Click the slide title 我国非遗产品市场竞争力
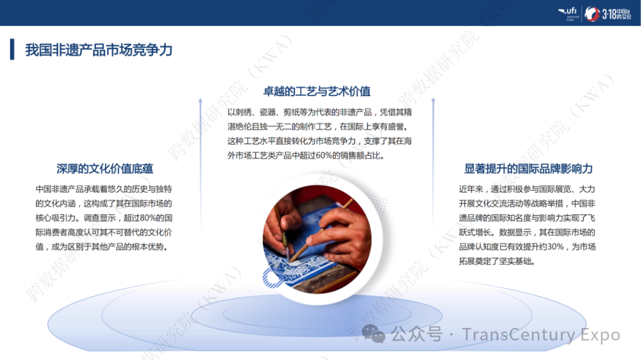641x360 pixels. [x=99, y=50]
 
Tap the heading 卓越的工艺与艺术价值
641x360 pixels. [x=317, y=91]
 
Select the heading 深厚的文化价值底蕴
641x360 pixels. [x=104, y=168]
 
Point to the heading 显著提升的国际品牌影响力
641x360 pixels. [x=528, y=168]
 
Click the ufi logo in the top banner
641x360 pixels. [x=568, y=13]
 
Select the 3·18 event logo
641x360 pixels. [x=600, y=14]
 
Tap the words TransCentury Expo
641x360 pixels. [x=541, y=335]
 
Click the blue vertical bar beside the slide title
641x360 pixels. [x=12, y=50]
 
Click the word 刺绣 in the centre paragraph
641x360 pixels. [x=246, y=112]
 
